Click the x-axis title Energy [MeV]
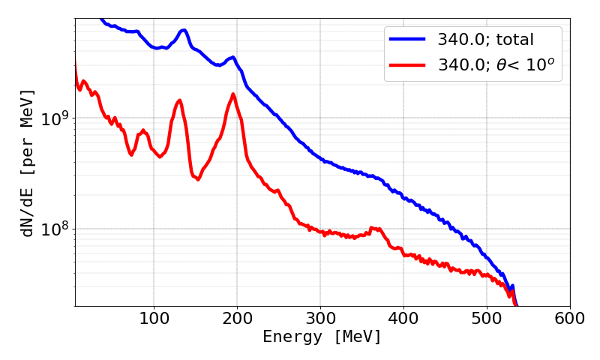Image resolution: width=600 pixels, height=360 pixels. (322, 337)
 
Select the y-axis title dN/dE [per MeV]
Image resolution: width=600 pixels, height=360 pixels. (28, 163)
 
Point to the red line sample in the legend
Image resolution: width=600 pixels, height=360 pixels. (406, 66)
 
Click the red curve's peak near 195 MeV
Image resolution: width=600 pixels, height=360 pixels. (233, 94)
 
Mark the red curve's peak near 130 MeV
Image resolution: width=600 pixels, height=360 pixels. (178, 100)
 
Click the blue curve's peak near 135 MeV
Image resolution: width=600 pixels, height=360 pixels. (183, 31)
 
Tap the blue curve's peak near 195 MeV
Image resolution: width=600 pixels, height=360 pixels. (233, 57)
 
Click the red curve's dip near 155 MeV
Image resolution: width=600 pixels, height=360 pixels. (198, 179)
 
